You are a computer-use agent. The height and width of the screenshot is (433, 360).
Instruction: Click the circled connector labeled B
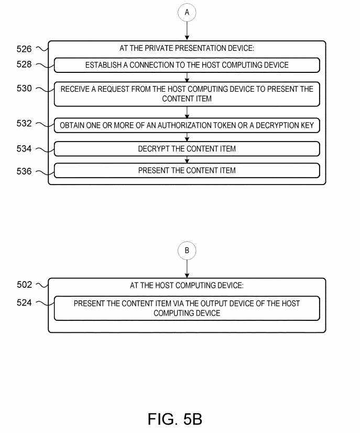tap(187, 251)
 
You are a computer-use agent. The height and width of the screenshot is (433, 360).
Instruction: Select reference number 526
tap(24, 49)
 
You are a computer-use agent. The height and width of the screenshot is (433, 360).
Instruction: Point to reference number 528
tap(24, 65)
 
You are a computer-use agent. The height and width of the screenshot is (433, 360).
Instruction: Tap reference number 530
tap(24, 89)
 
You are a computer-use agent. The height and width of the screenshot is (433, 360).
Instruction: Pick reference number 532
tap(24, 124)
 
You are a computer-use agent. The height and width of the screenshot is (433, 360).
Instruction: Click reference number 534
tap(24, 149)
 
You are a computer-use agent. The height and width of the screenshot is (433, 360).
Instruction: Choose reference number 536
tap(24, 171)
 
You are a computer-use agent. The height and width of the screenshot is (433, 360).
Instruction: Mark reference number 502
tap(24, 285)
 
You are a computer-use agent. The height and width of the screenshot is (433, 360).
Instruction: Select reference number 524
tap(24, 302)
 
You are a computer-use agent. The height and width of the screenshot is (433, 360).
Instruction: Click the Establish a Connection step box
tap(187, 65)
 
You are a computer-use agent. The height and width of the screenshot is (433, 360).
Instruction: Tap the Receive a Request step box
tap(187, 94)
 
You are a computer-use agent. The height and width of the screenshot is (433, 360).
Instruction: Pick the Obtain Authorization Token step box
tap(187, 125)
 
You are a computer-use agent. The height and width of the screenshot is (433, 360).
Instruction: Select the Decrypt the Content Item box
tap(187, 149)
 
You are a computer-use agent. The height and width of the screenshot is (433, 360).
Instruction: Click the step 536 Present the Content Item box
tap(187, 170)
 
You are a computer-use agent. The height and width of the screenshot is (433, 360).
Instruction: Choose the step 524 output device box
tap(187, 308)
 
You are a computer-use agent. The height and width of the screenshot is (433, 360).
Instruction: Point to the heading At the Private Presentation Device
tap(187, 49)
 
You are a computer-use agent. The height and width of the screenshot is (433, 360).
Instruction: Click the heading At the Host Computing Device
tap(187, 286)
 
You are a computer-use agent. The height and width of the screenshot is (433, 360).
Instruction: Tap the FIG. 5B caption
tap(174, 419)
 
